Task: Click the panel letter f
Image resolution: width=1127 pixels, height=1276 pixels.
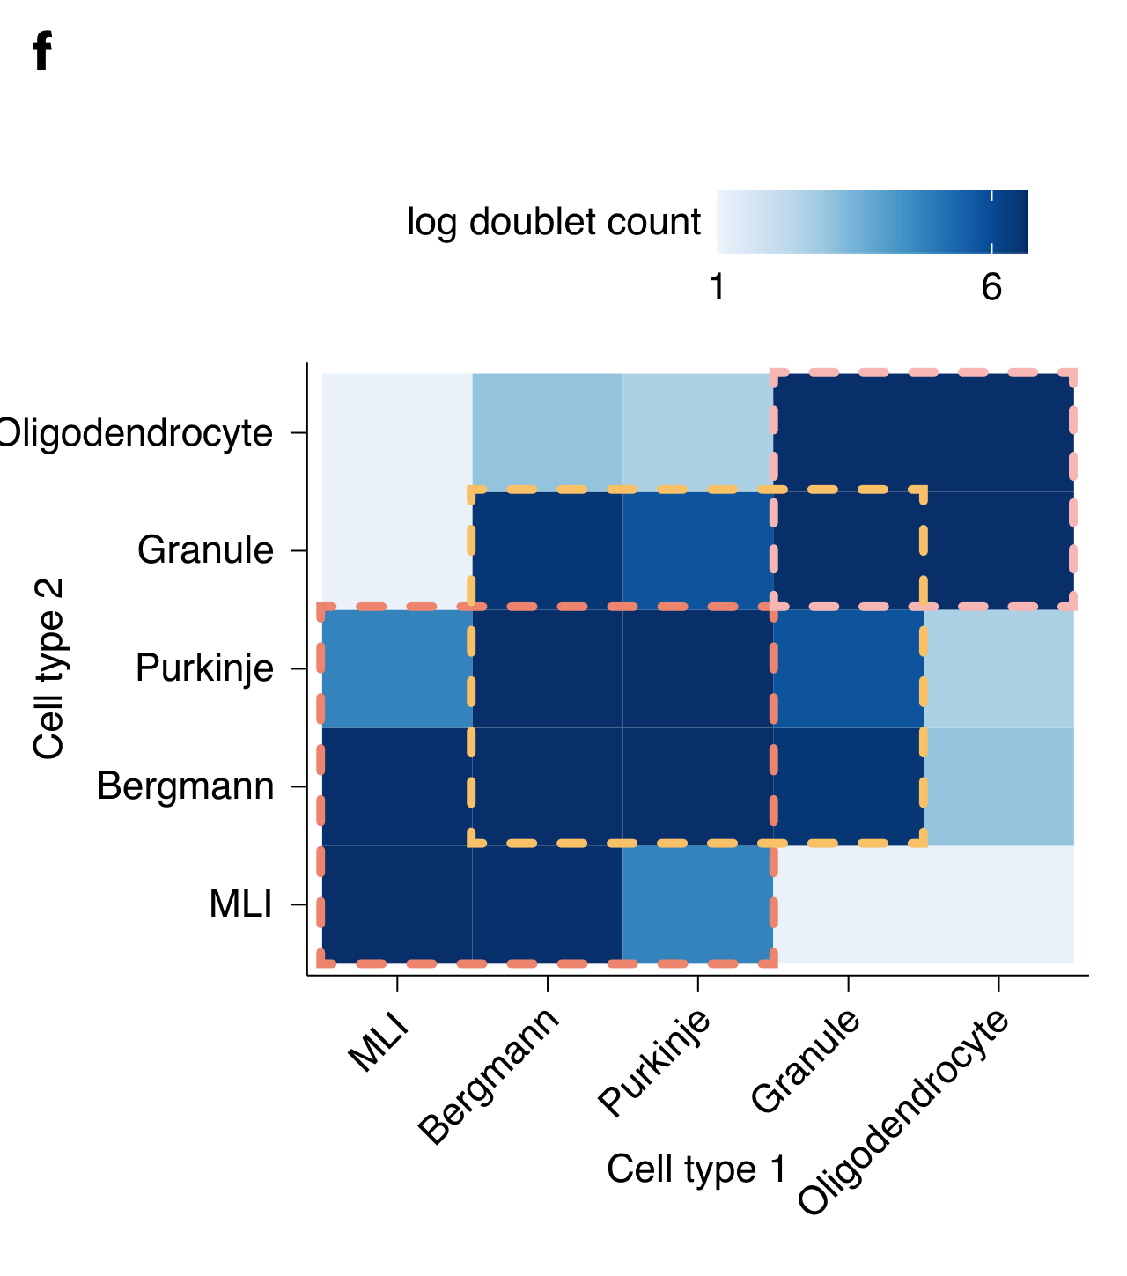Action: [x=42, y=52]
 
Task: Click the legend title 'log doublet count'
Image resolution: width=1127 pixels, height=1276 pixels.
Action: [x=554, y=222]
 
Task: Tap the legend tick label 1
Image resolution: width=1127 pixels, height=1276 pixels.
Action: [x=718, y=287]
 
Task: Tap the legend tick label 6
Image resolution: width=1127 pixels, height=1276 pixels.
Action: [x=991, y=287]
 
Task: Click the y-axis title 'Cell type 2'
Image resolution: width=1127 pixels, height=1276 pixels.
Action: [x=49, y=668]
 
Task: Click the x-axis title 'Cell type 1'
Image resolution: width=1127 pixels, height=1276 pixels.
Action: [x=696, y=1169]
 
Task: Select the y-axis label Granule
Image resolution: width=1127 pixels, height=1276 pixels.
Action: [x=205, y=550]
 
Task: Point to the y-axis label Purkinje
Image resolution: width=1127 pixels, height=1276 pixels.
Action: [x=204, y=669]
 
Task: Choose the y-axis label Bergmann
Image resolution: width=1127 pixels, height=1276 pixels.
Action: [x=185, y=786]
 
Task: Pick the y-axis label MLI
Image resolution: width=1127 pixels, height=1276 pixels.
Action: [x=240, y=904]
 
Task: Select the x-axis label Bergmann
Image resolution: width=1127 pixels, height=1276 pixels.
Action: [x=490, y=1075]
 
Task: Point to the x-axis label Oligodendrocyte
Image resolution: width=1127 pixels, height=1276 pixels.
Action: [x=903, y=1112]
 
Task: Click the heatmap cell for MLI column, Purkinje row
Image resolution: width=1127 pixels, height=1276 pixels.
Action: [x=397, y=669]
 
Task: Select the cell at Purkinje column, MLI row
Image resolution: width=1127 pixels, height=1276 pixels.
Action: [x=698, y=904]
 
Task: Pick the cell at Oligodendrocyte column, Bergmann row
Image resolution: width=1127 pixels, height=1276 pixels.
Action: [x=998, y=786]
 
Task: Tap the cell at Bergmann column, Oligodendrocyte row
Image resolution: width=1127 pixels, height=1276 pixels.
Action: [x=548, y=432]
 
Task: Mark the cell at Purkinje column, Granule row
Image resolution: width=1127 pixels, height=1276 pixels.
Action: [x=698, y=550]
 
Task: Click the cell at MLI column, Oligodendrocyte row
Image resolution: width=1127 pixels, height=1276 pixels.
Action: [x=397, y=432]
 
